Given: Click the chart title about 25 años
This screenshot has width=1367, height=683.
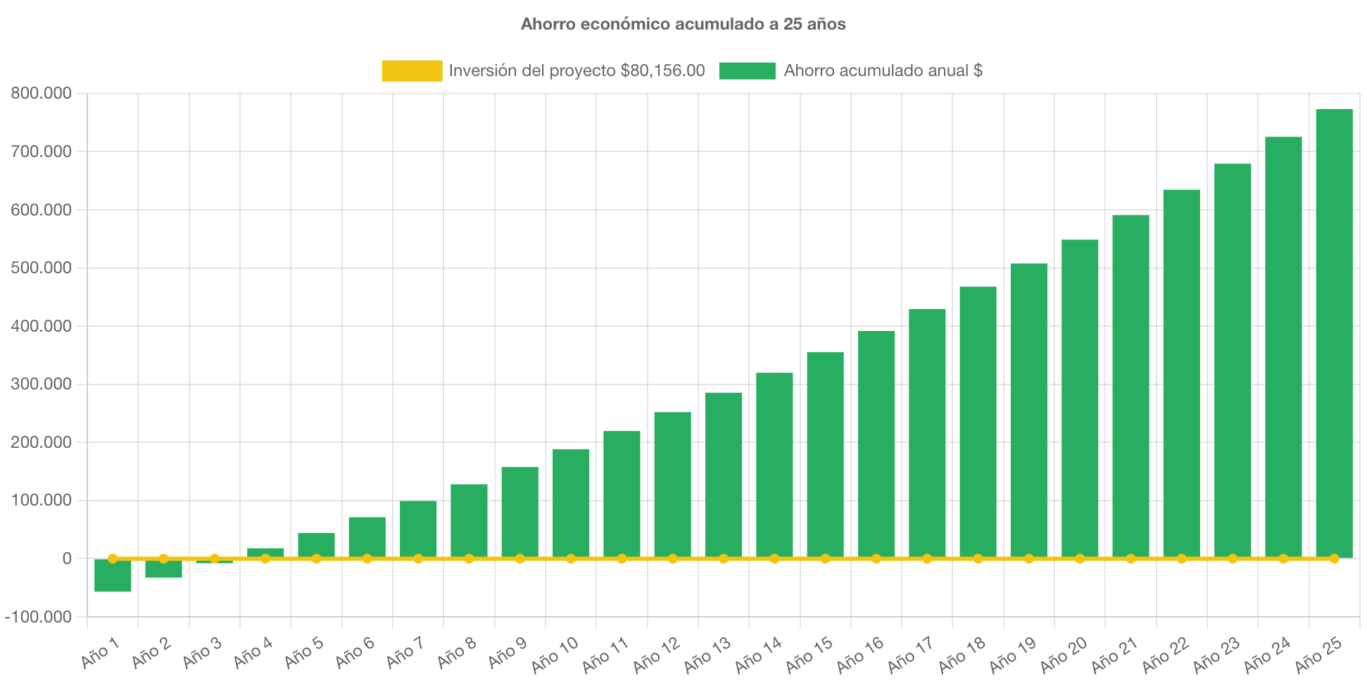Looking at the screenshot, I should [x=683, y=24].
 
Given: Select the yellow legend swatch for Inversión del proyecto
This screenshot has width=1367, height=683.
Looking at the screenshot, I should [x=412, y=70].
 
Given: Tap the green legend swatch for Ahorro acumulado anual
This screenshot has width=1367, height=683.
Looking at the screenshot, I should [x=747, y=70].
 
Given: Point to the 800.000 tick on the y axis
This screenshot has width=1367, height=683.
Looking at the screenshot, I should [x=41, y=93].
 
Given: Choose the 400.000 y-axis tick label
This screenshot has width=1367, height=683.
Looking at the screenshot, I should [x=41, y=326].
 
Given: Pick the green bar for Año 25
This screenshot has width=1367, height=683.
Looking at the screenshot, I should [x=1334, y=331].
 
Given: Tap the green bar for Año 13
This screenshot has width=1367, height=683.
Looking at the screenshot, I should [x=724, y=475].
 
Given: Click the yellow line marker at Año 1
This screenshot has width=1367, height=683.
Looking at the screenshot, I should [x=113, y=558].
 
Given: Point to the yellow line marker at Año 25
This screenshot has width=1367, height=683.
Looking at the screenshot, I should [x=1334, y=558].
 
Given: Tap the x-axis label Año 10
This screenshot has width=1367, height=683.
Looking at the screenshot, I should [x=555, y=655].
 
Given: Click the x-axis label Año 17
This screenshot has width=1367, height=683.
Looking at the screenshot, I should [x=910, y=655].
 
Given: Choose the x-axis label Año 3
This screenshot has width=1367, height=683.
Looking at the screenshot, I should [x=202, y=653].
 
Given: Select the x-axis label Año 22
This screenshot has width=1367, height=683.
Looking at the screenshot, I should [x=1165, y=655].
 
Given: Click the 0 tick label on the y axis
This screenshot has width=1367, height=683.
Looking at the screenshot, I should [x=67, y=558].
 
